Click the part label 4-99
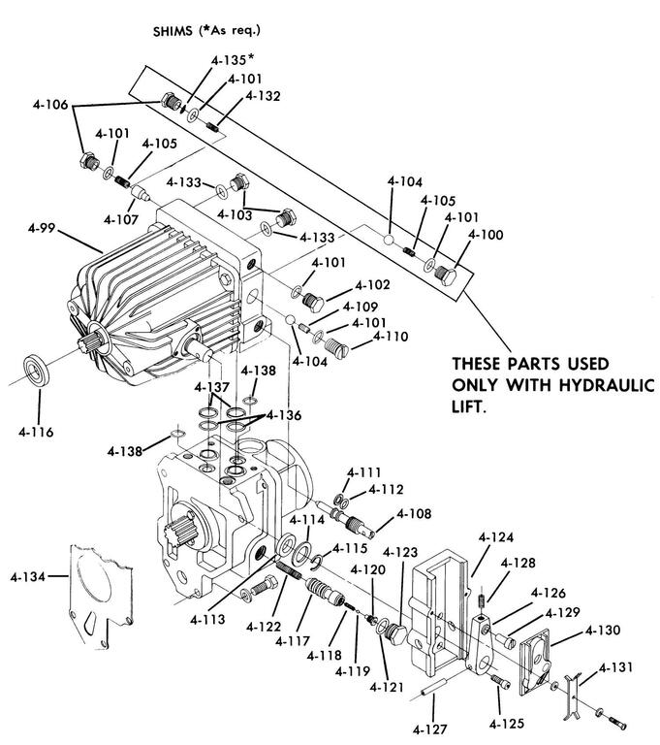tap(42, 228)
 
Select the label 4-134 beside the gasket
tap(27, 577)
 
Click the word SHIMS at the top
tap(173, 31)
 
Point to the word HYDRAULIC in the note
tap(607, 385)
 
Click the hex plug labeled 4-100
tap(446, 275)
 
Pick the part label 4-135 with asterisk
tap(233, 60)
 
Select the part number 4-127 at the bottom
tap(430, 729)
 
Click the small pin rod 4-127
tap(433, 688)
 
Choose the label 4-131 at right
tap(615, 667)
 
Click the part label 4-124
tap(496, 537)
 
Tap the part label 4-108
tap(414, 513)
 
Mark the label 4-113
tap(207, 620)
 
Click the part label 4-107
tap(121, 219)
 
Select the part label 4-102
tap(372, 284)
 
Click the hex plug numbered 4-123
tap(395, 634)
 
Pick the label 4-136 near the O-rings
tap(284, 415)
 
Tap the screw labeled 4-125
tap(499, 681)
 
